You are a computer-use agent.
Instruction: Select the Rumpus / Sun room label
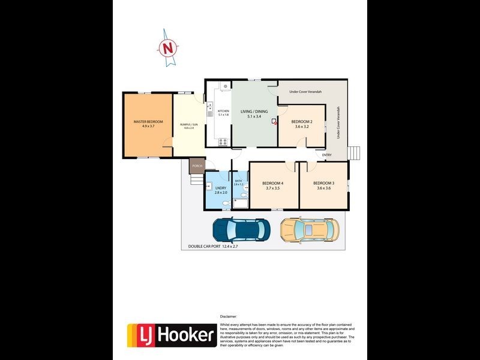point(188,126)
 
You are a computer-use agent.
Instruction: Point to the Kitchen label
point(223,112)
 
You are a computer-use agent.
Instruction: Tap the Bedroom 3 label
point(323,185)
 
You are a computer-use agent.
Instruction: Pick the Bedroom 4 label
point(272,185)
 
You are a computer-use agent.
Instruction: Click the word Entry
point(327,155)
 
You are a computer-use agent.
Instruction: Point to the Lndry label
point(220,190)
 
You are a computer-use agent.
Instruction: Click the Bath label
point(238,182)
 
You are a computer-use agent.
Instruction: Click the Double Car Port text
point(213,246)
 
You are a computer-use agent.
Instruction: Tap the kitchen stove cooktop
point(223,142)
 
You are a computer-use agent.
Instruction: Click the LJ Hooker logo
point(172,335)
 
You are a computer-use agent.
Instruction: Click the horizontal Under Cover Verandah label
point(305,92)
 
